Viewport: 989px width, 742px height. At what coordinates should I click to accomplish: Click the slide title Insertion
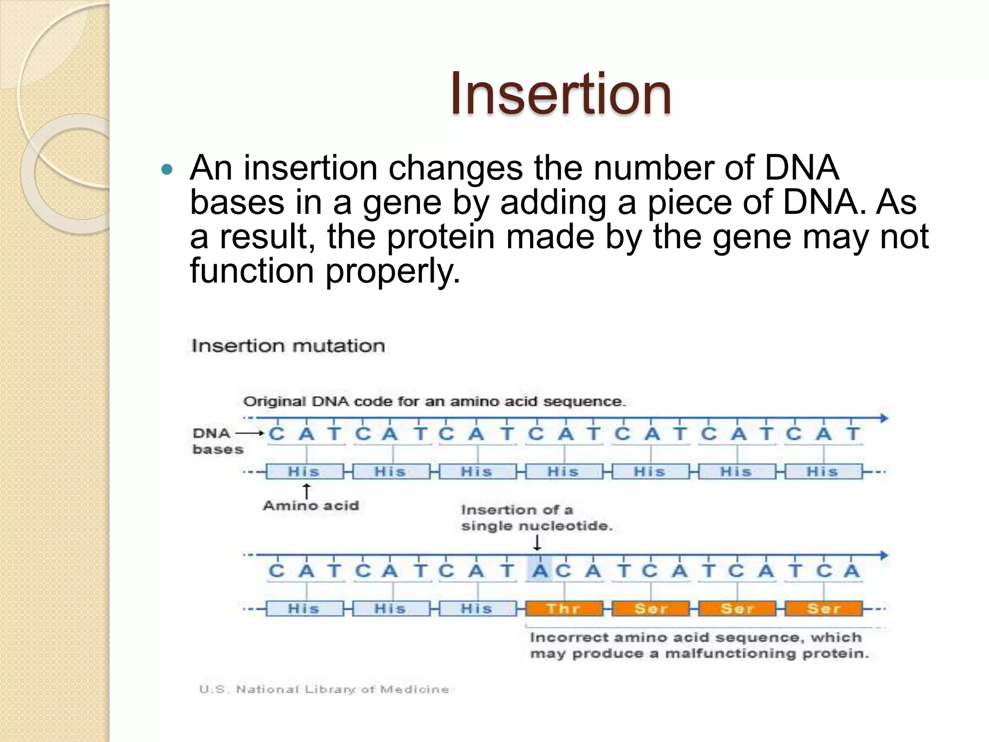(x=560, y=94)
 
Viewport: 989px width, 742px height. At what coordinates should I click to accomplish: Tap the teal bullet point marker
(x=167, y=170)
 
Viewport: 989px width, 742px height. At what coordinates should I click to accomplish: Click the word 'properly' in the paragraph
(x=392, y=271)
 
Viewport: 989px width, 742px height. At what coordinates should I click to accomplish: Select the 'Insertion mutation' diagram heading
(x=288, y=346)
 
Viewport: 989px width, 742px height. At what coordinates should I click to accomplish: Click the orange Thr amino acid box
(x=564, y=608)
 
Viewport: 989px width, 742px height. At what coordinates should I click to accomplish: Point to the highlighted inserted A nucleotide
(x=540, y=571)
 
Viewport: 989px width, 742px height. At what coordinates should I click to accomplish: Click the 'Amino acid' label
(x=311, y=506)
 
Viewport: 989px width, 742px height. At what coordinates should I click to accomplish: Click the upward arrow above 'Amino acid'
(x=306, y=491)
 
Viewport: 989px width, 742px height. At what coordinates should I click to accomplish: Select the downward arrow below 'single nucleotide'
(x=537, y=543)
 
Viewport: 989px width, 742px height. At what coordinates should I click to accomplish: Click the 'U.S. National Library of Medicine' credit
(x=324, y=689)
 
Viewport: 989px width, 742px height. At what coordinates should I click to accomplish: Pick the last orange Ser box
(x=823, y=608)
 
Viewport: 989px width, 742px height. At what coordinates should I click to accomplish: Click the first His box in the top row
(x=304, y=471)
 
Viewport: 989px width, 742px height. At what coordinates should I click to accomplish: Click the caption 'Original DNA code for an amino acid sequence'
(x=434, y=401)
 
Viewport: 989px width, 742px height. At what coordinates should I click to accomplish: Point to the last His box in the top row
(x=823, y=471)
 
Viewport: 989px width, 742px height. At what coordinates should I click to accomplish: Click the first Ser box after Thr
(x=650, y=608)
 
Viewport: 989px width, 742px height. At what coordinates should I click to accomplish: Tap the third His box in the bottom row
(x=477, y=608)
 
